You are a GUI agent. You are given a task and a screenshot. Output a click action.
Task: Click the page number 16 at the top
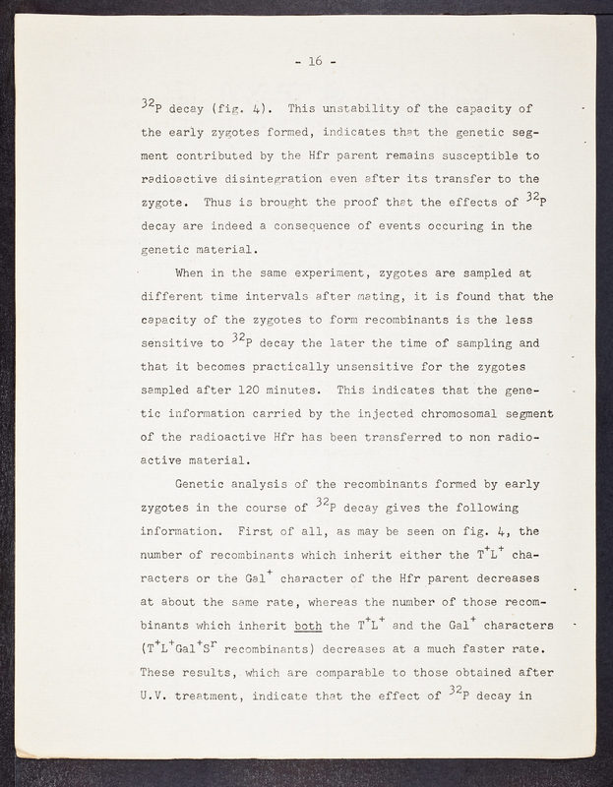315,61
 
